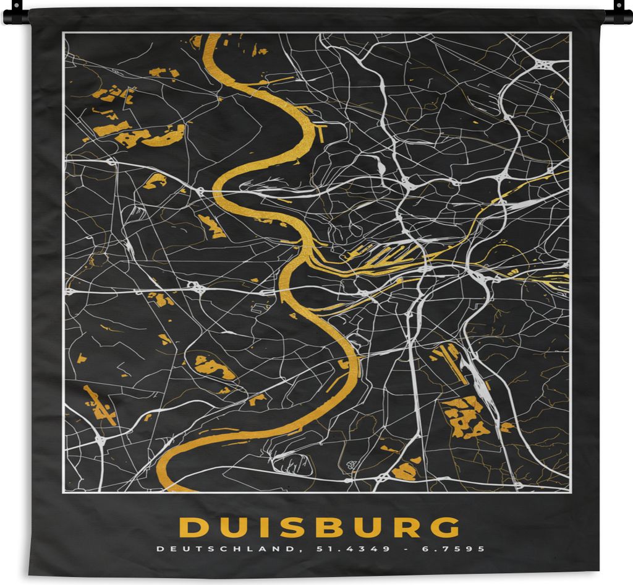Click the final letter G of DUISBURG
pos(445,527)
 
